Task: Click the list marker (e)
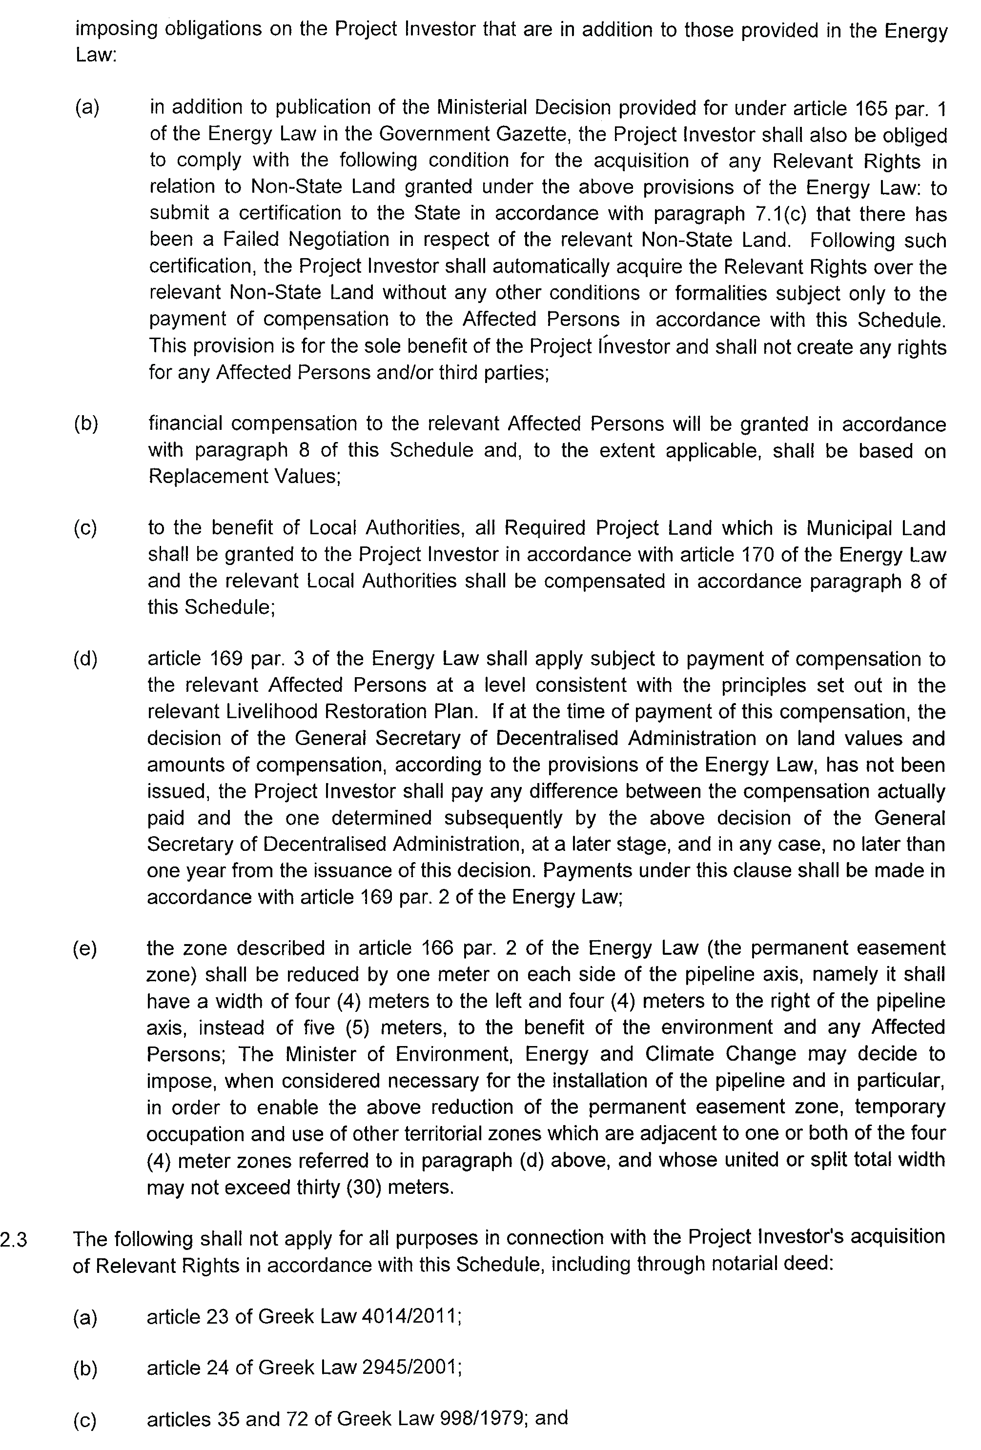(85, 948)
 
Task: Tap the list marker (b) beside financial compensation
(86, 424)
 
